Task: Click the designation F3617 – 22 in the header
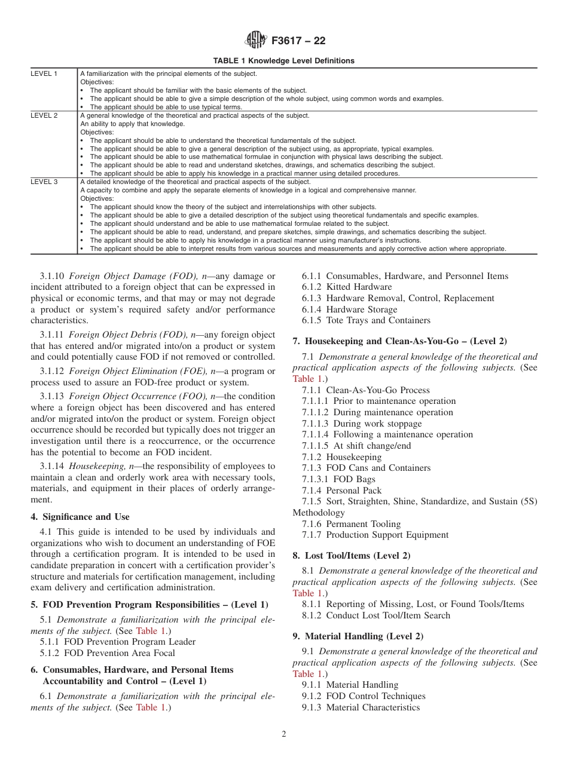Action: coord(298,41)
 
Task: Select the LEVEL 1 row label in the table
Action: coord(44,73)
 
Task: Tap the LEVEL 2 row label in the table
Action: coord(44,115)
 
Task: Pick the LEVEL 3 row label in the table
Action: coord(44,182)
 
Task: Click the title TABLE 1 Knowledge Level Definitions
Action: coord(283,60)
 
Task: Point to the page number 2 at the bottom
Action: coord(284,734)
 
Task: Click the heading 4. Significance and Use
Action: coord(80,517)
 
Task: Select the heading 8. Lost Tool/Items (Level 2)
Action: coord(351,556)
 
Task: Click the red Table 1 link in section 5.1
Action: coord(146,631)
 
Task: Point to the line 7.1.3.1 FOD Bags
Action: coord(338,479)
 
